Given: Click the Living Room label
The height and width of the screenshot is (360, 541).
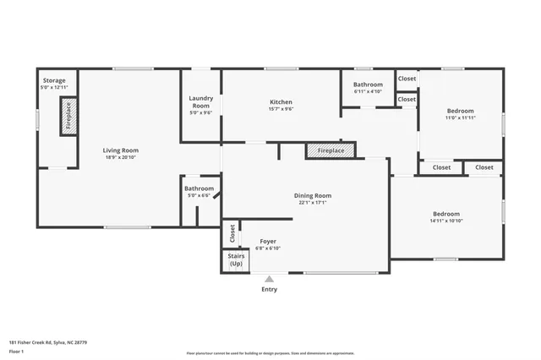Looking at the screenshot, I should [x=121, y=150].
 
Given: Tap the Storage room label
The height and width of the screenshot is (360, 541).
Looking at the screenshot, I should [x=53, y=81].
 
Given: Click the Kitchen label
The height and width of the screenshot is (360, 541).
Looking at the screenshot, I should [x=281, y=102].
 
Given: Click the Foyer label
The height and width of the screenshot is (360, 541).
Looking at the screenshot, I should [x=268, y=241].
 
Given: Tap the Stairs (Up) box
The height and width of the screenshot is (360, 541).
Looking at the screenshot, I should [x=236, y=261].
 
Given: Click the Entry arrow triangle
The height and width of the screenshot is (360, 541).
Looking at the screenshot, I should [x=269, y=279].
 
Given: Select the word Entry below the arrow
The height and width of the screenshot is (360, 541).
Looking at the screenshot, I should [x=269, y=290].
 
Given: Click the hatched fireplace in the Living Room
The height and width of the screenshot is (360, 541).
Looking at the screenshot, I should [x=68, y=116].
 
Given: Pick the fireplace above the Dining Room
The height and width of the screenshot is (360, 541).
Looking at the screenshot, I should [x=331, y=150].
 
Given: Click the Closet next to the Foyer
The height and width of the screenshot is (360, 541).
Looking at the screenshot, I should [x=231, y=231].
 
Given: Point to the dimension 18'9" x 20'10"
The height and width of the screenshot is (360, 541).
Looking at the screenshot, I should [x=121, y=157].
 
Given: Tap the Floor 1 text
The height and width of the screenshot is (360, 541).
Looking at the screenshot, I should [x=16, y=351].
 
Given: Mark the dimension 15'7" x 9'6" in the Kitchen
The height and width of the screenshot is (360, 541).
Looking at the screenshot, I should [x=281, y=109].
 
